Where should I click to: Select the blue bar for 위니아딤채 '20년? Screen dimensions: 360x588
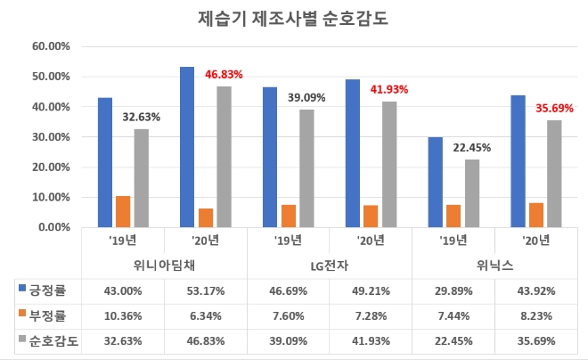(187, 147)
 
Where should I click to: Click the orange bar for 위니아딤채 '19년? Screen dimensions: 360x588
(123, 211)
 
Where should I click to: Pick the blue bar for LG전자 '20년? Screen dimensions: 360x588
(353, 153)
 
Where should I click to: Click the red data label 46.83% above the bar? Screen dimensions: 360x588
(224, 74)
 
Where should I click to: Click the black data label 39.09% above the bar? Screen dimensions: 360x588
(306, 97)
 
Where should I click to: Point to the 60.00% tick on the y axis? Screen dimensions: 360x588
(52, 46)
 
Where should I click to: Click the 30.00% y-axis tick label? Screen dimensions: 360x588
(52, 137)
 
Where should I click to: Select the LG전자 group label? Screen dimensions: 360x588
(330, 265)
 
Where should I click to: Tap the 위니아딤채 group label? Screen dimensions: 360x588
(164, 265)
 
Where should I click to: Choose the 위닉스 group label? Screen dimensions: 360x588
(495, 265)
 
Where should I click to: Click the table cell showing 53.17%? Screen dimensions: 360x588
(206, 290)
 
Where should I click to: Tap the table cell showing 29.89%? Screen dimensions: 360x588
(454, 290)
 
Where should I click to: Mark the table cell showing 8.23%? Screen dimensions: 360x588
(537, 315)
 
